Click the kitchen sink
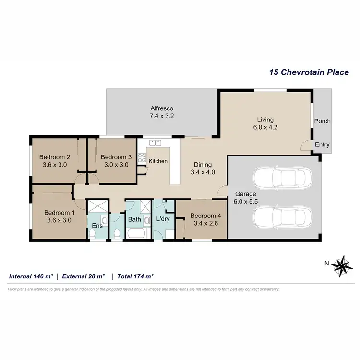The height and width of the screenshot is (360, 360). click(155, 143)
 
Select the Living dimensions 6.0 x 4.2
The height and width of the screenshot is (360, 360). click(265, 127)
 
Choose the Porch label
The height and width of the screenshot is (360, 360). click(322, 121)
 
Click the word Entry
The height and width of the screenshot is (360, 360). click(322, 144)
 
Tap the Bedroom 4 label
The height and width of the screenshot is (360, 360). click(204, 216)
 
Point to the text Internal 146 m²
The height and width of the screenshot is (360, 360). click(31, 276)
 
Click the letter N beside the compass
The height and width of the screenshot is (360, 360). click(327, 263)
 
